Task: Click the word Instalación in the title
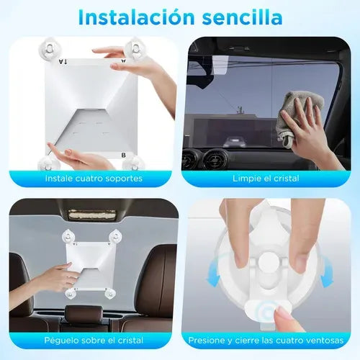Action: click(x=136, y=17)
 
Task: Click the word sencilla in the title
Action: click(x=242, y=17)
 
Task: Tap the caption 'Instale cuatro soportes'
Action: click(x=94, y=179)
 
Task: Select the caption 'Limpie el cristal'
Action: click(x=266, y=179)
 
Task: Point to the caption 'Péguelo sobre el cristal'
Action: click(x=94, y=341)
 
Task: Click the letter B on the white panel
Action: click(x=124, y=156)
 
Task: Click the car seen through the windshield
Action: click(x=235, y=142)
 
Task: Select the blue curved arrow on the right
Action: click(x=326, y=271)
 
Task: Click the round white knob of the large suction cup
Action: click(x=269, y=261)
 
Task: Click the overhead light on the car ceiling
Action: click(x=92, y=215)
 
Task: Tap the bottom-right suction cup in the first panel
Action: click(x=133, y=163)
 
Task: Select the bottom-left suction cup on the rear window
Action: click(x=71, y=293)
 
